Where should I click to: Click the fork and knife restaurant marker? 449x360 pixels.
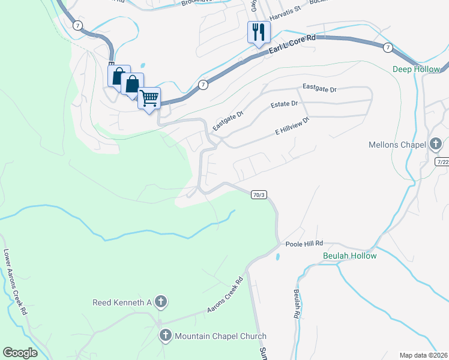259,32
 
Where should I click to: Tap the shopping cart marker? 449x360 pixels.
149,97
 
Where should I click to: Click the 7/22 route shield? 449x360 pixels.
443,162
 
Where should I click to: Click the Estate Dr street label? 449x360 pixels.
284,104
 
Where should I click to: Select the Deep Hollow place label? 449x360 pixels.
417,69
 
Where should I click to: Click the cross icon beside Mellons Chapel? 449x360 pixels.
436,145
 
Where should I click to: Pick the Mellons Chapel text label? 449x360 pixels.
397,145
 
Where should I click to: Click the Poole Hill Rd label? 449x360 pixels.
304,244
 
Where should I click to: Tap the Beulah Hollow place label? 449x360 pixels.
349,256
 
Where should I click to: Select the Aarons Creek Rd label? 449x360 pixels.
224,295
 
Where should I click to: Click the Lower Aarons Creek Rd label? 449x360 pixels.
15,281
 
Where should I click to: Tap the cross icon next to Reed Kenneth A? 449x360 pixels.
160,302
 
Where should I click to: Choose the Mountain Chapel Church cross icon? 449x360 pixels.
166,336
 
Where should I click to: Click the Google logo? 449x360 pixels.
20,353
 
